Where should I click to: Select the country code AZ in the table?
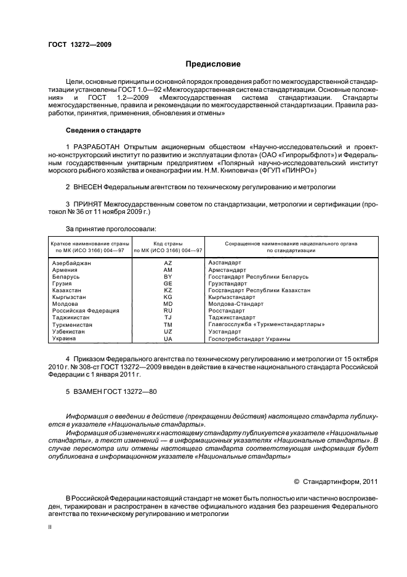tap(167, 263)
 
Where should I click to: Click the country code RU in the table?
tap(167, 311)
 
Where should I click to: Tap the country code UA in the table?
tap(167, 338)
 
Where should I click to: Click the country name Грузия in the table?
tap(64, 284)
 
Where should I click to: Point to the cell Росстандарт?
tap(227, 311)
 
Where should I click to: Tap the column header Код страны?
tap(167, 243)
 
